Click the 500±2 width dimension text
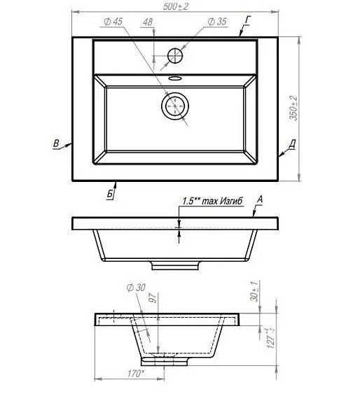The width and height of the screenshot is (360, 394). coord(175,7)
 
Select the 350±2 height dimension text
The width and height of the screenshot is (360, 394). coord(293,108)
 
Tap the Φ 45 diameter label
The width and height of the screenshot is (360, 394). coord(113,22)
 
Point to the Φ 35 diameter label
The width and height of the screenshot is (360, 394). coord(217,22)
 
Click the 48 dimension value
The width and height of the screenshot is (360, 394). coord(148,22)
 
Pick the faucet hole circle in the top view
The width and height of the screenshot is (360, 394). coord(174,55)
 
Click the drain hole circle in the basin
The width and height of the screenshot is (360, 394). coord(175,106)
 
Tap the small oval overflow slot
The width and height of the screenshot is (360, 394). coord(175,78)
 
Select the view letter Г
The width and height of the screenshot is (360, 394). coord(248,20)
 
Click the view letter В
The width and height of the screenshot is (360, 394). coord(56,143)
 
